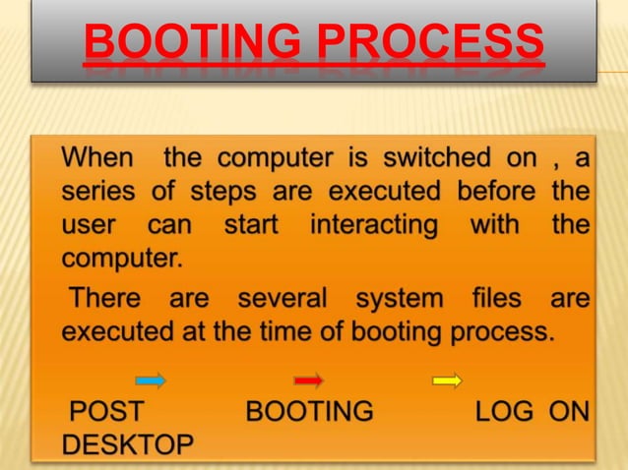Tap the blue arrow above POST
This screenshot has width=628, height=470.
pos(150,379)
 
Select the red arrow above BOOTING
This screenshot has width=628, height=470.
pos(308,379)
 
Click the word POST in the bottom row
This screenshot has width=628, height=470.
pos(107,410)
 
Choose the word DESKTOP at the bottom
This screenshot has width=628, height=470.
pos(127,444)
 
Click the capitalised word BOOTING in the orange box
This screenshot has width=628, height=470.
pos(309,410)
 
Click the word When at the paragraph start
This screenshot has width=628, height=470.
pos(101,158)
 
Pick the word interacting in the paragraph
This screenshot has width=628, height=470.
pos(373,225)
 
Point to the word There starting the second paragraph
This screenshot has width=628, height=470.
pos(105,297)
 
